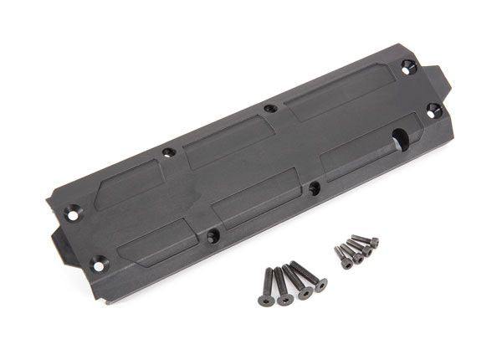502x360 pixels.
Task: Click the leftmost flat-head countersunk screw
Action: pos(266,286)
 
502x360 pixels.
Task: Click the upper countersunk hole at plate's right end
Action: pos(408,66)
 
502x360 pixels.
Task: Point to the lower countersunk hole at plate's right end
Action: pos(433,110)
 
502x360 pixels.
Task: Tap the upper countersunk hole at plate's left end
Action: pos(73,214)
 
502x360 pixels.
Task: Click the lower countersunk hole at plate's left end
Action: pos(98,264)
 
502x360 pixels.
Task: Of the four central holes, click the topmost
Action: pos(269,108)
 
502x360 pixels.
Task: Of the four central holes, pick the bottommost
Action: pos(213,237)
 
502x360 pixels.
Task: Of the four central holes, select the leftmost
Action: pos(168,152)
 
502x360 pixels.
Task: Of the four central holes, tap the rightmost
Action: pos(314,188)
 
